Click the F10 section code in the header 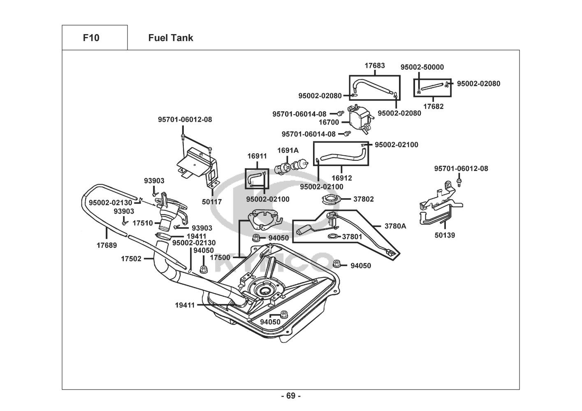(x=91, y=38)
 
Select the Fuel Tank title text (x=170, y=38)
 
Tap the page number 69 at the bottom (x=291, y=396)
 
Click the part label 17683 (x=375, y=66)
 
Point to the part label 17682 (x=434, y=106)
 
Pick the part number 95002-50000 (x=422, y=67)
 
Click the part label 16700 (x=329, y=122)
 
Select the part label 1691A (x=288, y=150)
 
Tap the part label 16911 (x=257, y=156)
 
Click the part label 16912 (x=342, y=178)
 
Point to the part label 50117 (x=212, y=202)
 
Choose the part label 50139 (x=445, y=236)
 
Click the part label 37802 (x=364, y=199)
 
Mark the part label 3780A (x=395, y=226)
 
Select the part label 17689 (x=107, y=245)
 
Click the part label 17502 (x=131, y=259)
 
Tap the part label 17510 (x=143, y=223)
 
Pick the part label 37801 (x=352, y=237)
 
